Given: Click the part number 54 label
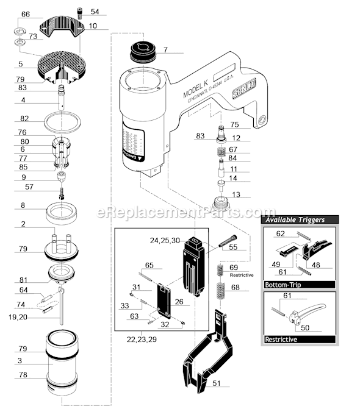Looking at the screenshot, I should pyautogui.click(x=95, y=12).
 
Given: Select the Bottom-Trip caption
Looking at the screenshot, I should pyautogui.click(x=283, y=285).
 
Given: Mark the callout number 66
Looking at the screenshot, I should pyautogui.click(x=25, y=14).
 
